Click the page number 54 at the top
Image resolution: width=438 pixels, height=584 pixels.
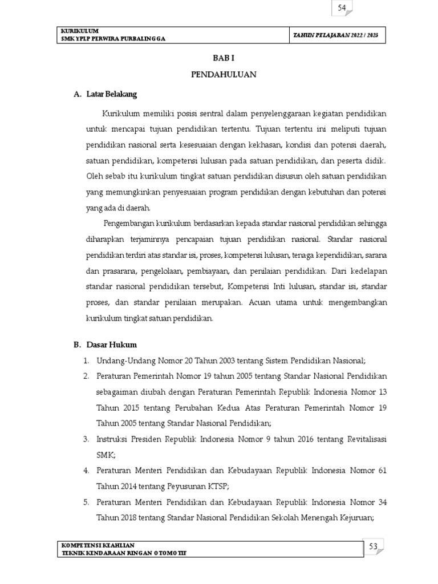point(342,8)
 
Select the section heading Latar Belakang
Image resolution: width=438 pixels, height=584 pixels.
point(112,94)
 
